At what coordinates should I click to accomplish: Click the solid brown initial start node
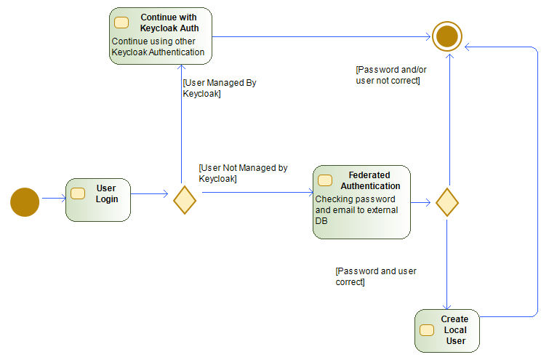25,202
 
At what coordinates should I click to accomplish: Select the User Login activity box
98,200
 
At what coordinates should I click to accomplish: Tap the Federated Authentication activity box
361,201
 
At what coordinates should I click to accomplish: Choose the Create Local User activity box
446,331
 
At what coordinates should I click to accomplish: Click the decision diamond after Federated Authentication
446,201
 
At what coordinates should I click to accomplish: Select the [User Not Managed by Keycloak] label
243,173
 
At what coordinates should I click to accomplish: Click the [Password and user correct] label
375,276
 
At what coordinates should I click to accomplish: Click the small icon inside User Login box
78,193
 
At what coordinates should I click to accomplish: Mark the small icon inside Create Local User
427,330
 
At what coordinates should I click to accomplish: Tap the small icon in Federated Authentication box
325,180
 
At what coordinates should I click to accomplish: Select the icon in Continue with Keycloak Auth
121,23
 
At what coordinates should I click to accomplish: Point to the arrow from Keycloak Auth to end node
320,36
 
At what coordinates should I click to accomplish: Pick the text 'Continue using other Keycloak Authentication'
158,47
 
